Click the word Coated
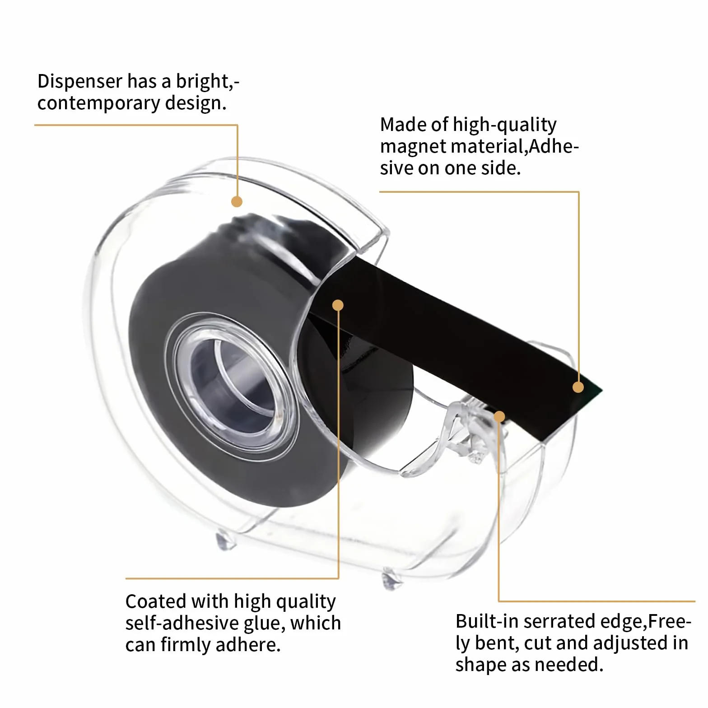[155, 601]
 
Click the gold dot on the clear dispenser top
[237, 201]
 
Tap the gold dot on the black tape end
[578, 387]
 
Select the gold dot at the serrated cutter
[499, 416]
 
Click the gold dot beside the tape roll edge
[338, 305]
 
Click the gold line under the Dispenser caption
[136, 125]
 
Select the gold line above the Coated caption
[232, 578]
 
